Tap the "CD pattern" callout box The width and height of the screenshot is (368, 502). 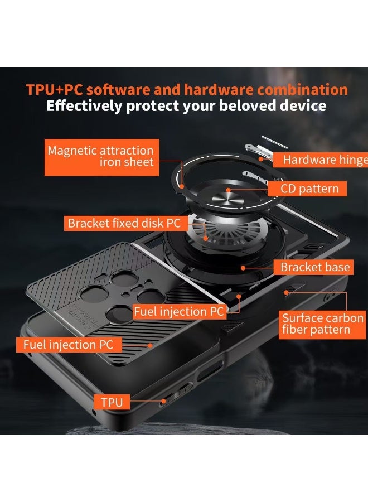(x=309, y=189)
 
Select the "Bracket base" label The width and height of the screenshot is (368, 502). (x=315, y=267)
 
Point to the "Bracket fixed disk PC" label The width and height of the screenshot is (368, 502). (x=124, y=224)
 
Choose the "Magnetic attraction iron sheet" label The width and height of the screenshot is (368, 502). (x=100, y=156)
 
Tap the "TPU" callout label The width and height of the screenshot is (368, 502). (x=112, y=402)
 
